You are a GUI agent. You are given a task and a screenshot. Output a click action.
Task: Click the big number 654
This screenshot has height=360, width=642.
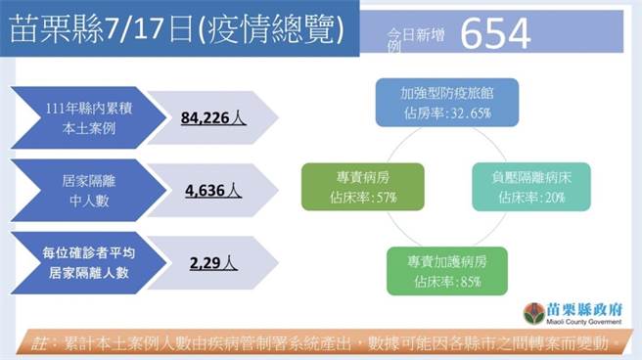tap(495, 34)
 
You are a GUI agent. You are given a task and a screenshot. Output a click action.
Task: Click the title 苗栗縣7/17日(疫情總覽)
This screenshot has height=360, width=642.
tap(176, 30)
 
